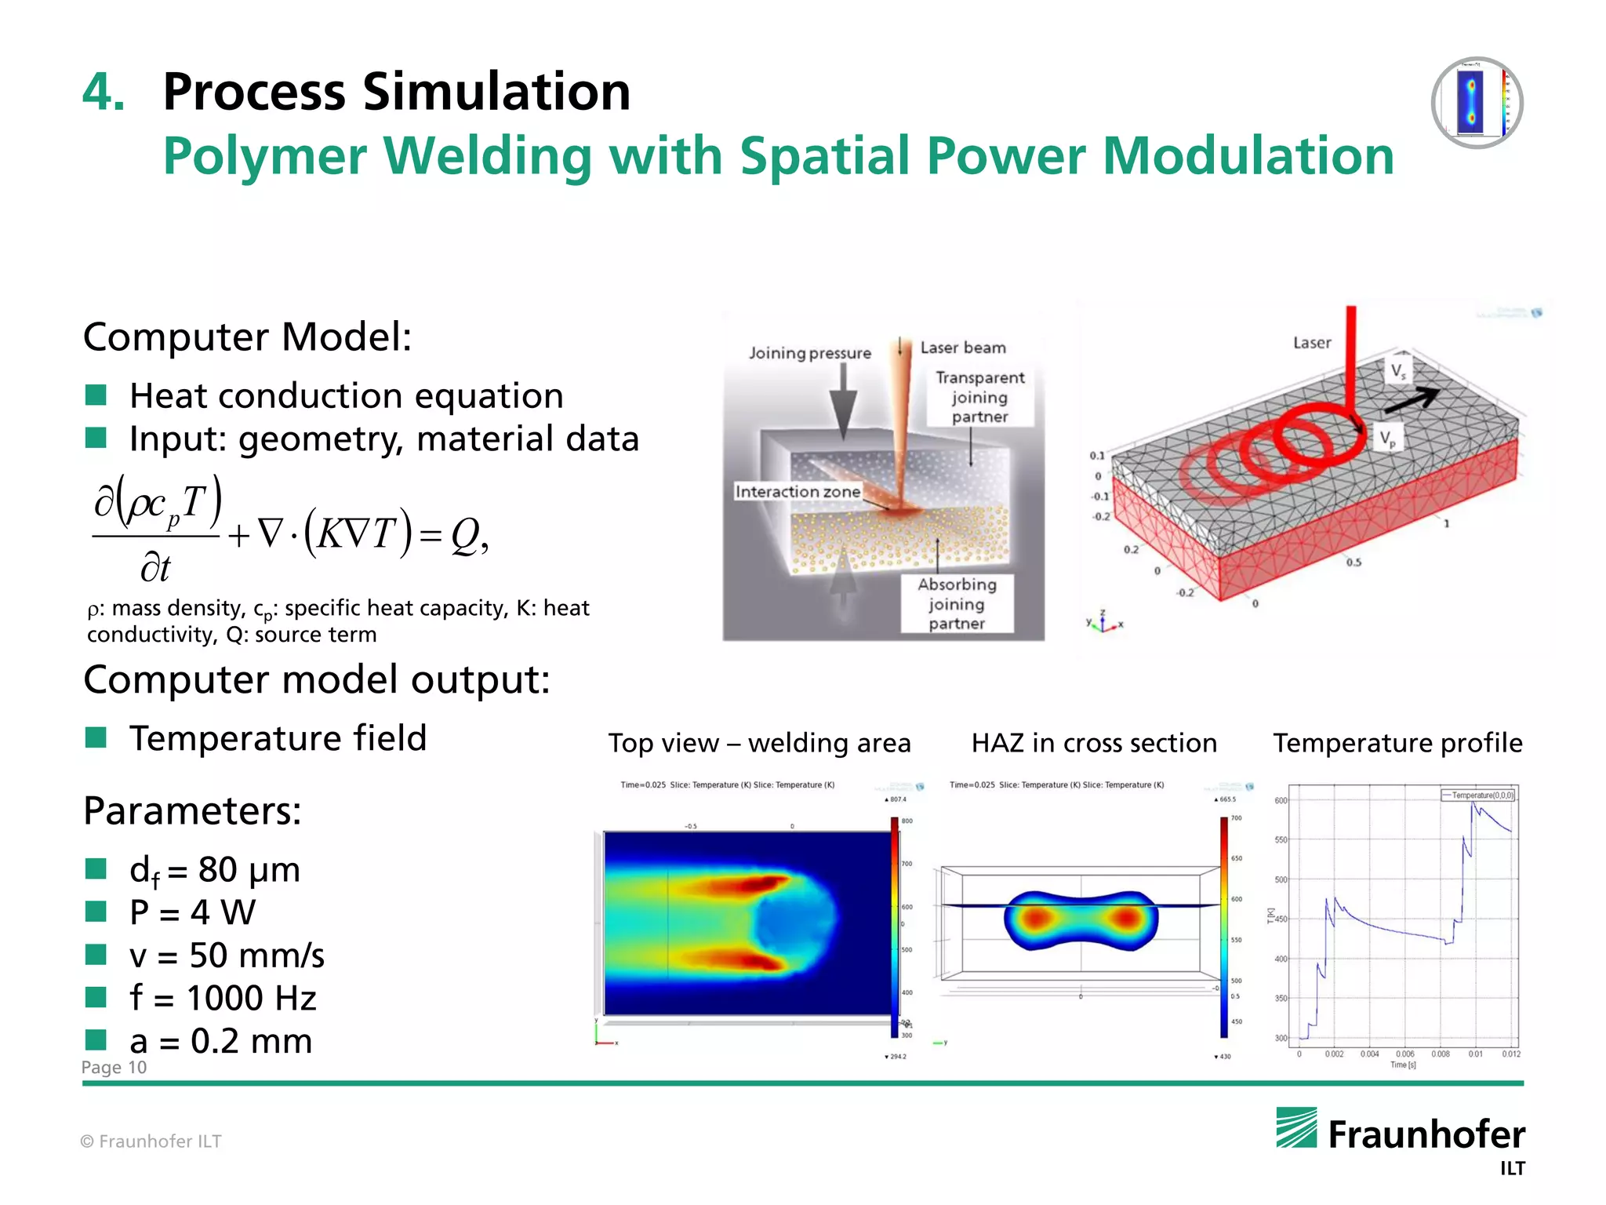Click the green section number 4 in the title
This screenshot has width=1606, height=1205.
coord(102,93)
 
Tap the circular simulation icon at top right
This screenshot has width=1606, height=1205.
coord(1477,103)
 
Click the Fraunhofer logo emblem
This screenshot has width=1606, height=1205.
coord(1296,1127)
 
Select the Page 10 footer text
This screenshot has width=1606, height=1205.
coord(114,1067)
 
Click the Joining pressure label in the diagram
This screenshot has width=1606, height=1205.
coord(809,353)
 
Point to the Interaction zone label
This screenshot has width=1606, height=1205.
coord(797,492)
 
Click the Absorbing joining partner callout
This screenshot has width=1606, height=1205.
coord(957,603)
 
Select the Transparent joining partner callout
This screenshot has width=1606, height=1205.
coord(979,397)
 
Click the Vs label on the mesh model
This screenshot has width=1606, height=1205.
coord(1398,370)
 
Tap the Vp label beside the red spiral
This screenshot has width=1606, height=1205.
coord(1387,439)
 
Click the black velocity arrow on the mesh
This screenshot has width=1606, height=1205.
coord(1411,400)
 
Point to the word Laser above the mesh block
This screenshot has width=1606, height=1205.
coord(1312,343)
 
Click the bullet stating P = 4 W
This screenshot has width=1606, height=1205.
coord(192,912)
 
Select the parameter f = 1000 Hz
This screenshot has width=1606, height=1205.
coord(223,998)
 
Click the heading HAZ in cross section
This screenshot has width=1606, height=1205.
coord(1094,742)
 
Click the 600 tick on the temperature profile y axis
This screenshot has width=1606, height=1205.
coord(1281,800)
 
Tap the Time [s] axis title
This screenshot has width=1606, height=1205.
coord(1403,1065)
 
